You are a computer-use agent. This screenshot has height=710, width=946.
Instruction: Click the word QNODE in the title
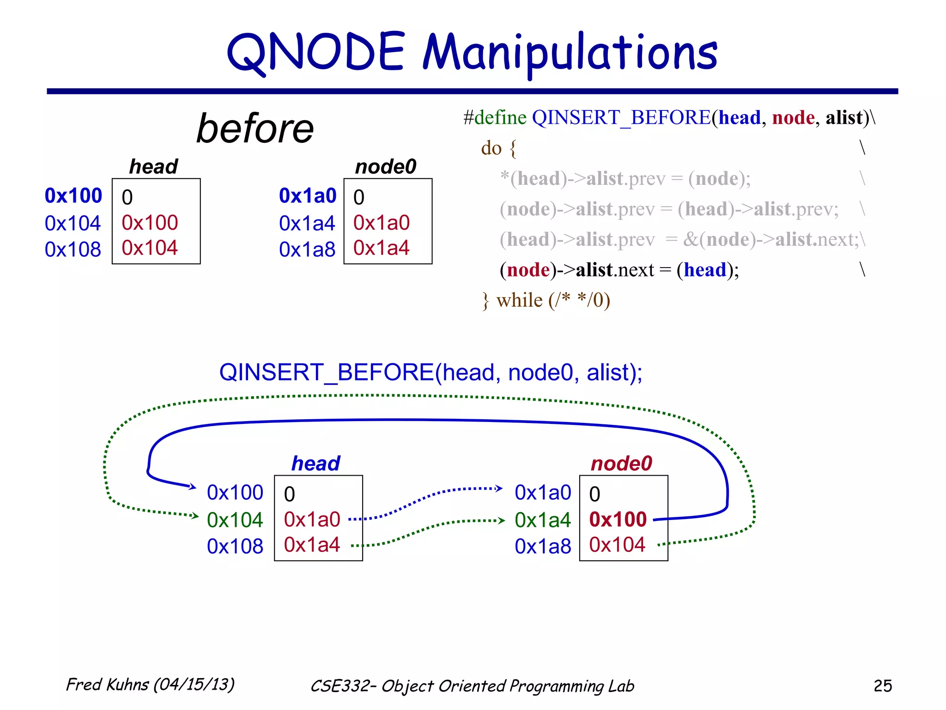click(x=316, y=52)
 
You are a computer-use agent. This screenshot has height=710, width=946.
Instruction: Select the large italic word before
click(x=255, y=129)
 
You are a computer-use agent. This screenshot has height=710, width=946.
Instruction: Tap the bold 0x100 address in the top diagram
click(x=73, y=196)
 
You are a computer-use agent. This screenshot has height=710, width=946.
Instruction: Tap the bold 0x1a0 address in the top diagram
click(x=308, y=196)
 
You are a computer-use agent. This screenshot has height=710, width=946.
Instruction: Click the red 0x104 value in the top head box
click(x=149, y=248)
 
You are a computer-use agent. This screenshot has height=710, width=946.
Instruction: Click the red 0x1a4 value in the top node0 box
click(x=381, y=248)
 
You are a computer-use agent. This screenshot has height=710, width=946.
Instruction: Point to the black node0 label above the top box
click(x=386, y=166)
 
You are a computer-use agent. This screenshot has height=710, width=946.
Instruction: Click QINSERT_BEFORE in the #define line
click(x=621, y=117)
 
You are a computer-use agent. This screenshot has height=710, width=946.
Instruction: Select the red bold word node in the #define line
click(x=793, y=117)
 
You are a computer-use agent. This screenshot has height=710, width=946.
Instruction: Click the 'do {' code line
click(x=498, y=148)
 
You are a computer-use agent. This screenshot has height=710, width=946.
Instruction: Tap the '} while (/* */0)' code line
click(x=546, y=300)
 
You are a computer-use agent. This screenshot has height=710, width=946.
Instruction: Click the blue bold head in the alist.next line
click(x=705, y=270)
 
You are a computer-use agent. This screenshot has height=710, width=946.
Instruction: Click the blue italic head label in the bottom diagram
click(x=315, y=463)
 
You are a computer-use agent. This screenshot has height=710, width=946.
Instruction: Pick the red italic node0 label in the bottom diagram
click(x=621, y=463)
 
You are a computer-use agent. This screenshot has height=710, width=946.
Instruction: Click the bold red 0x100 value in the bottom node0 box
click(x=618, y=520)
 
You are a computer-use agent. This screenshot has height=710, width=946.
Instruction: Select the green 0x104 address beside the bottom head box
click(x=235, y=520)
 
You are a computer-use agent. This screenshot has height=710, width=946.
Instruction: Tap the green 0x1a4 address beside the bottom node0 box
click(x=543, y=520)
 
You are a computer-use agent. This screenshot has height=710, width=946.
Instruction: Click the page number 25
click(x=882, y=686)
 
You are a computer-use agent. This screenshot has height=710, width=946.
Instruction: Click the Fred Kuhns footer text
click(x=150, y=685)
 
